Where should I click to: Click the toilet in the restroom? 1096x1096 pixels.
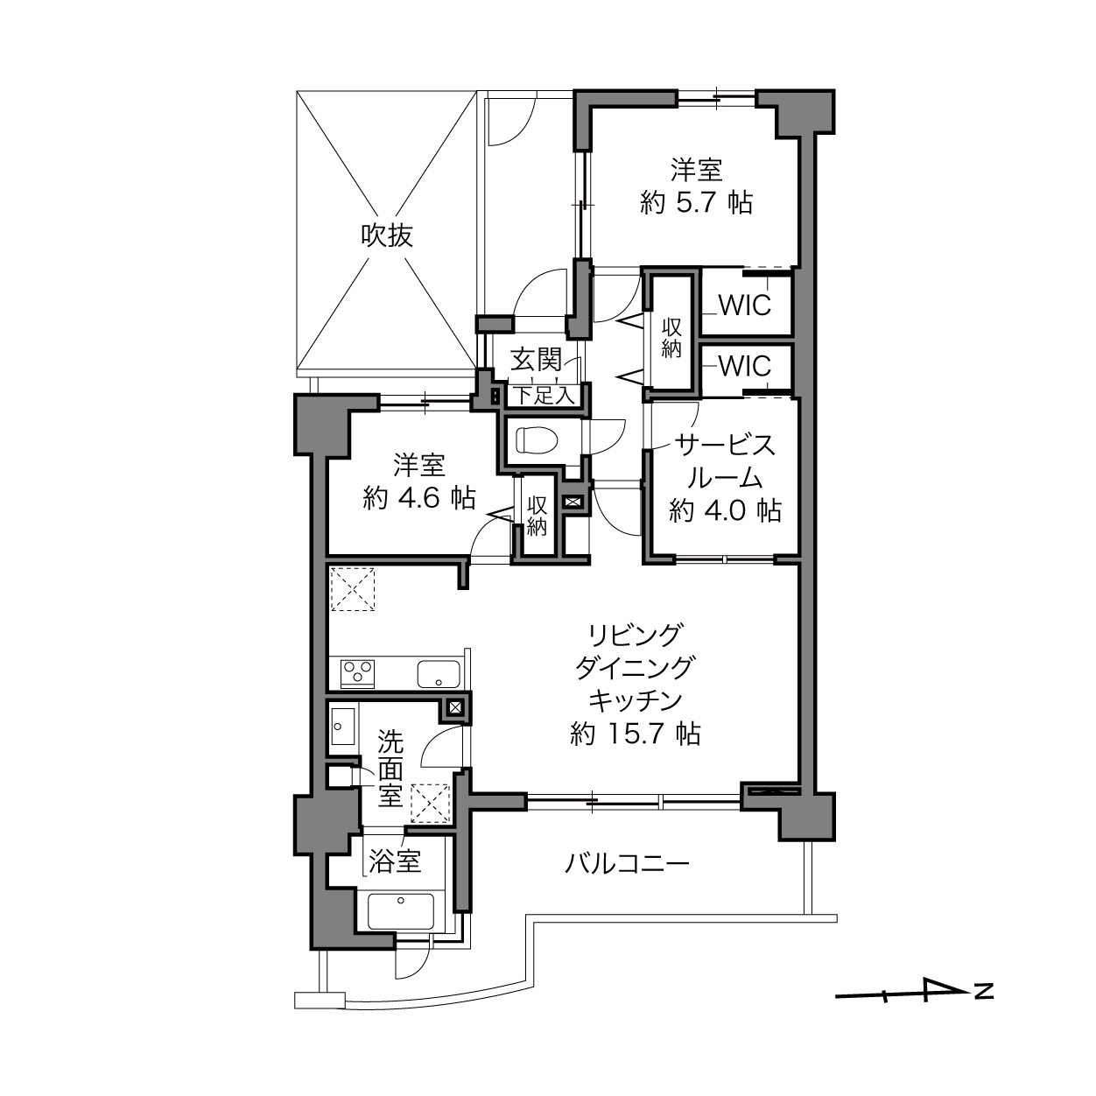pos(537,439)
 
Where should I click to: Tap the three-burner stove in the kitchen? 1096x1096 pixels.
pos(356,673)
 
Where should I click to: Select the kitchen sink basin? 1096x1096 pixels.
pos(439,674)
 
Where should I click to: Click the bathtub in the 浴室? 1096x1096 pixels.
pos(400,910)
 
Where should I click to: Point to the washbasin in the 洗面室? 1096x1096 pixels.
pos(343,726)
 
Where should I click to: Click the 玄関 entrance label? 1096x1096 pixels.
pos(536,360)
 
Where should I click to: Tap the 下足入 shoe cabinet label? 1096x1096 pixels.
pos(544,396)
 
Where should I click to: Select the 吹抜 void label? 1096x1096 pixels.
pos(387,235)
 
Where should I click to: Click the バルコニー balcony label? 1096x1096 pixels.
pos(627,863)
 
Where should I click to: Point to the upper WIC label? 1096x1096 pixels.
pos(744,306)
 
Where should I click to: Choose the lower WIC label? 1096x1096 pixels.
pos(744,366)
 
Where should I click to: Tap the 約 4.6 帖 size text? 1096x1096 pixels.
pos(418,498)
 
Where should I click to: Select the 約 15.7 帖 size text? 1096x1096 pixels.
pos(635,734)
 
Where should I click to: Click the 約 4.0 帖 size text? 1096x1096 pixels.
pos(725,510)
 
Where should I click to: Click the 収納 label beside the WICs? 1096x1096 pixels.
pos(671,338)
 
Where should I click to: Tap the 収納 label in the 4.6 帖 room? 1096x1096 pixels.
pos(537,516)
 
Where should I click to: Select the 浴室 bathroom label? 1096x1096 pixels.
pos(395,861)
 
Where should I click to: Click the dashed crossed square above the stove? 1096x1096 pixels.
pos(353,588)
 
